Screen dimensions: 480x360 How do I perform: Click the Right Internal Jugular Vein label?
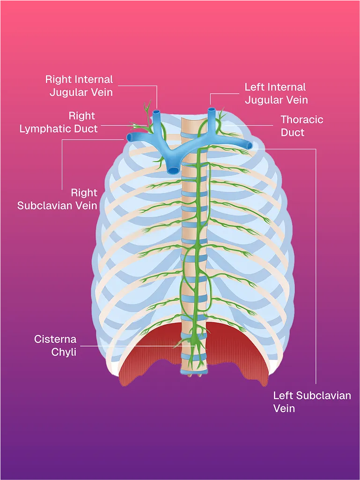pos(79,86)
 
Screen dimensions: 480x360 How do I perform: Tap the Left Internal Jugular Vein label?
pos(276,93)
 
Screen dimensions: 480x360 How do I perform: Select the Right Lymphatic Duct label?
pos(59,122)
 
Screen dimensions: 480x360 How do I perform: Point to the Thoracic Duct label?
pos(301,126)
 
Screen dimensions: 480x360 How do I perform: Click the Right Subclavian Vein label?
pos(57,199)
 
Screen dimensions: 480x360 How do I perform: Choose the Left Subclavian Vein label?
pos(312,402)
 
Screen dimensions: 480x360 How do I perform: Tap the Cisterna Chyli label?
pos(55,345)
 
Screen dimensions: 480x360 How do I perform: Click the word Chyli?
pos(64,352)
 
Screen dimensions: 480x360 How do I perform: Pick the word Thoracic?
pos(301,120)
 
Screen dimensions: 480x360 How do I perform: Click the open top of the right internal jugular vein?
pos(156,112)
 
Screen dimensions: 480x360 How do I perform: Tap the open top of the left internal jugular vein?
pos(212,111)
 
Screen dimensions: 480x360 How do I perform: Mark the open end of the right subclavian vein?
pos(129,138)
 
